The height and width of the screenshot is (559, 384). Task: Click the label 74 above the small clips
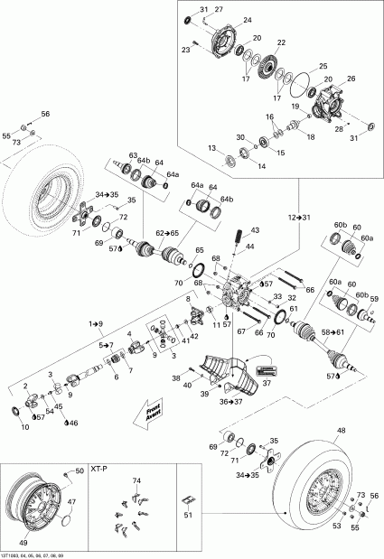click(136, 481)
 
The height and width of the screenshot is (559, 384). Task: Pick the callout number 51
click(188, 516)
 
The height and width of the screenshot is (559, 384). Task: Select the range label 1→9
click(95, 322)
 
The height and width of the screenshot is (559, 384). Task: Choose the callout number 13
click(211, 148)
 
